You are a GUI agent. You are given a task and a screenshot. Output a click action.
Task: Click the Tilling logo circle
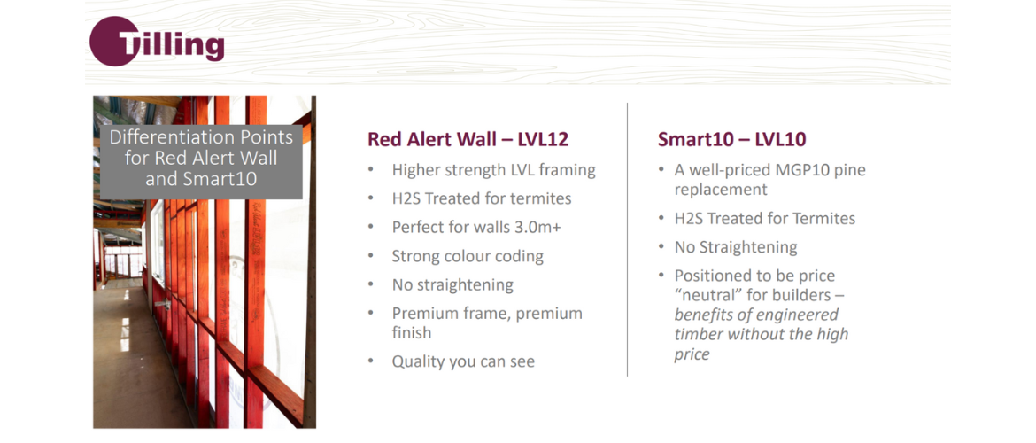pos(114,41)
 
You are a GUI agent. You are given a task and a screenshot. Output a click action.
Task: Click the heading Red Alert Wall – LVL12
pos(468,139)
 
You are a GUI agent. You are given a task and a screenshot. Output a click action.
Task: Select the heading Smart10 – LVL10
pos(731,139)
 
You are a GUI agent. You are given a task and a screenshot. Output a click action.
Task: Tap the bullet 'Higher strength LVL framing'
pos(493,171)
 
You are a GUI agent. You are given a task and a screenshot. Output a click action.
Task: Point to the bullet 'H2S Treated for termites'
pos(482,198)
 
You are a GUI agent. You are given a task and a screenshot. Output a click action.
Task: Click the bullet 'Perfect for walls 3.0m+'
pos(475,228)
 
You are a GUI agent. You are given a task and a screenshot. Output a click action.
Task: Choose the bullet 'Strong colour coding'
pos(468,256)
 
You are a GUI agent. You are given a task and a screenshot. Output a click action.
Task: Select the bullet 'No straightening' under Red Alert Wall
pos(452,285)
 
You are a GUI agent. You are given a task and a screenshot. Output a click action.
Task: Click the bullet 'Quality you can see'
pos(463,361)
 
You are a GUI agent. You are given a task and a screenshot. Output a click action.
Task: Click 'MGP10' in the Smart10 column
pos(792,171)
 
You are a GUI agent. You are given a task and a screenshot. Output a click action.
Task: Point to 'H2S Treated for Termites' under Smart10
pos(765,218)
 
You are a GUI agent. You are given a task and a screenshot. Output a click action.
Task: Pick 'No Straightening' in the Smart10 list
pos(736,247)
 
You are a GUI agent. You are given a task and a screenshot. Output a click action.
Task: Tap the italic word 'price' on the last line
pos(692,354)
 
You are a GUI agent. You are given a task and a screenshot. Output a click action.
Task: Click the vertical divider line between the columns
pos(627,239)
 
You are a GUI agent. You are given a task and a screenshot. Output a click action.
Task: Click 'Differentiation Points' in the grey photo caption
pos(201,137)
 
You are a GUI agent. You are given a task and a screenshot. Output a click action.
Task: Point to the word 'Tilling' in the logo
pos(171,44)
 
